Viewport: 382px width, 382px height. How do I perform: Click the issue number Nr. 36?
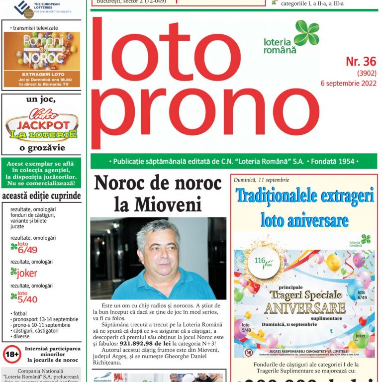(x=361, y=62)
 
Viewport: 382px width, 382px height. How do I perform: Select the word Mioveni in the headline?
(x=158, y=204)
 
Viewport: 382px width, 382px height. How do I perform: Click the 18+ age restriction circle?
(x=11, y=354)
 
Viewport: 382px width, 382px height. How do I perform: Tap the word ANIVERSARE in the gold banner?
(x=305, y=307)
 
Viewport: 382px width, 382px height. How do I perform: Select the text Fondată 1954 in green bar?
(x=333, y=162)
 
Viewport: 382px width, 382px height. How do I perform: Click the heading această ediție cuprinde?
(x=41, y=196)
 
